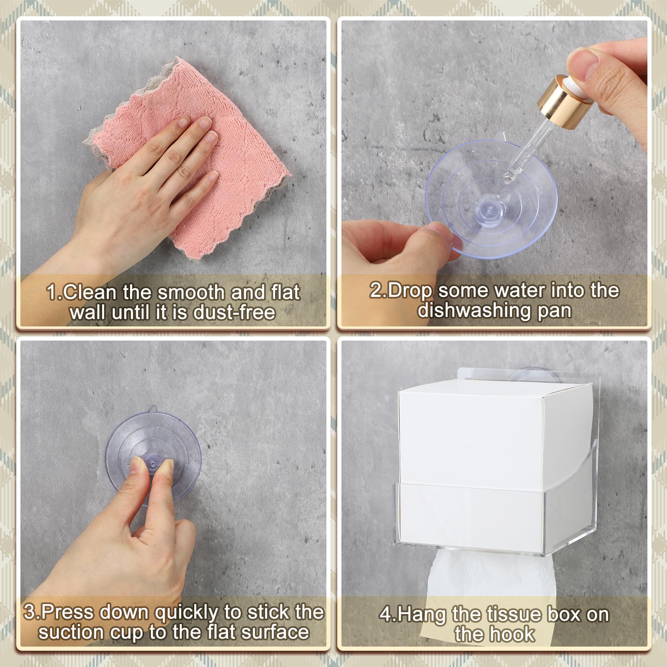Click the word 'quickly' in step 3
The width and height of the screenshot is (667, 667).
187,613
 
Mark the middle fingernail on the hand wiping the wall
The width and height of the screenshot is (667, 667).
205,122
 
